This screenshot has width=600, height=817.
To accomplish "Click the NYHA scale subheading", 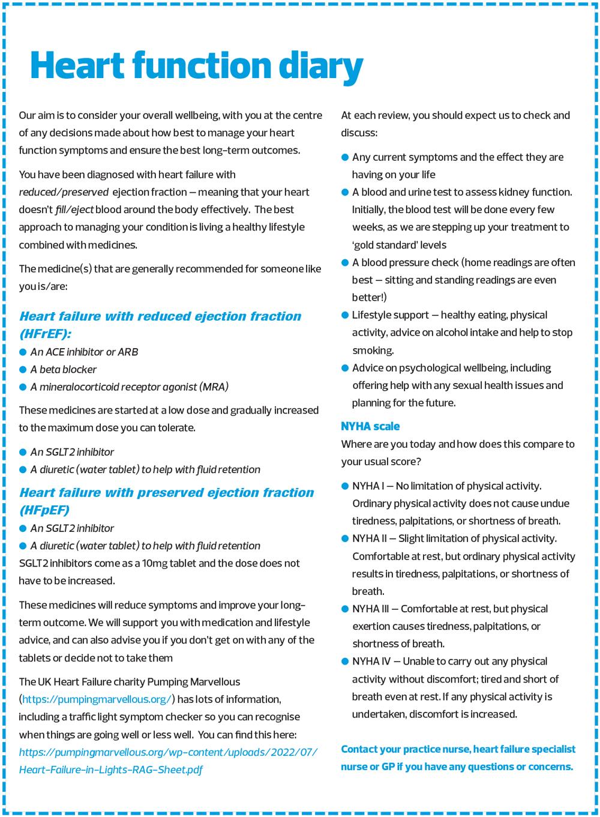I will [370, 426].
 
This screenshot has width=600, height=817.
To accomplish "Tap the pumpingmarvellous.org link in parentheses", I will [97, 699].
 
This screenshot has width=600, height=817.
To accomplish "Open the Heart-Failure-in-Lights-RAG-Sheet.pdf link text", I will [111, 770].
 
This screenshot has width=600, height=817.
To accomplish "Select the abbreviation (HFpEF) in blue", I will [44, 510].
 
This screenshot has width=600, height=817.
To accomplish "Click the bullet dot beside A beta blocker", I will [23, 370].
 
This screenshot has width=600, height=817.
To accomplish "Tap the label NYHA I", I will [368, 486].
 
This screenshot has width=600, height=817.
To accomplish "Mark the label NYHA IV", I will [371, 662].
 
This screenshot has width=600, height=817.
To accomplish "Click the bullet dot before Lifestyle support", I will [345, 315].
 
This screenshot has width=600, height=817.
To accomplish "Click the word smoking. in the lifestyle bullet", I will [373, 351].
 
